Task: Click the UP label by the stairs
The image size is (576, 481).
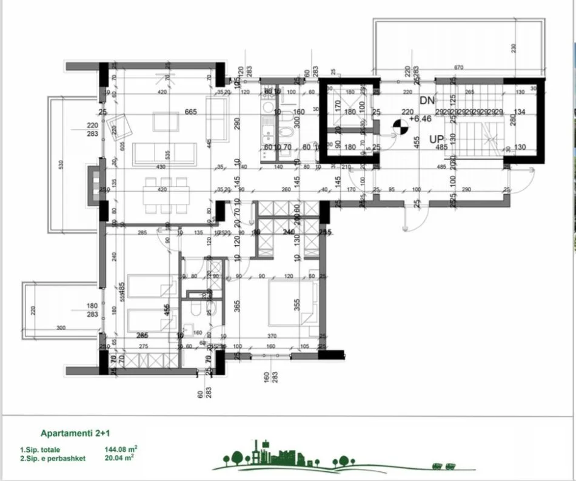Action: click(437, 140)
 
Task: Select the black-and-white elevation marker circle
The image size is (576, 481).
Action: click(400, 126)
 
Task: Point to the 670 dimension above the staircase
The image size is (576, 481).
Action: click(458, 67)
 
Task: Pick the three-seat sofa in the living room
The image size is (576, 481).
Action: click(163, 153)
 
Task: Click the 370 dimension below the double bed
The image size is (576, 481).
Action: click(272, 335)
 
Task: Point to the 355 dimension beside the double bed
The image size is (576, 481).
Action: click(297, 303)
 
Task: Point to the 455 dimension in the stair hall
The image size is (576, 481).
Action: click(417, 142)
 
